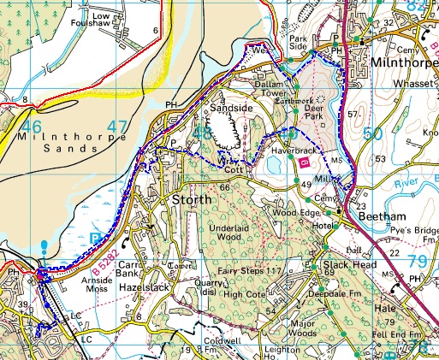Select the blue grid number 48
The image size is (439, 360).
(x=203, y=134)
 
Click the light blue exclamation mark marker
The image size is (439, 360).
(x=44, y=249)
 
